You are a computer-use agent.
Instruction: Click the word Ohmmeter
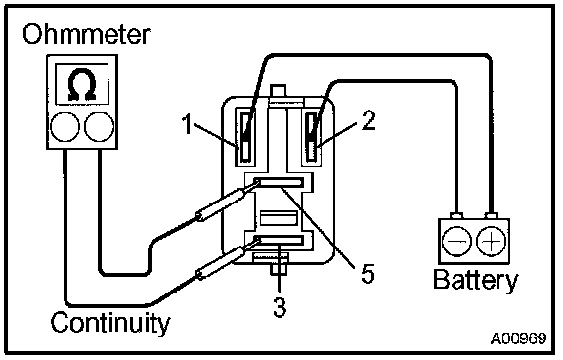coord(86,35)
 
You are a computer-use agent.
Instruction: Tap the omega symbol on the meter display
coord(82,84)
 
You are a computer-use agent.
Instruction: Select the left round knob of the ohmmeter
coord(65,126)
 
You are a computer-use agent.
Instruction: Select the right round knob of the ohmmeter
coord(100,126)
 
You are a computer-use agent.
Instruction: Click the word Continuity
coord(110,324)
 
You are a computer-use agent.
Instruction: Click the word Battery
coord(476,280)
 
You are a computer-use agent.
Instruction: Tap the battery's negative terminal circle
coord(456,241)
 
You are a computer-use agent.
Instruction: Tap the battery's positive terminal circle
coord(491,241)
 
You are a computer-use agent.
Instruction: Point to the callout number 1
coord(187,124)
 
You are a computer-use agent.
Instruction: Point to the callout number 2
coord(368,120)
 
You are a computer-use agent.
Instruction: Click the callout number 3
coord(280,307)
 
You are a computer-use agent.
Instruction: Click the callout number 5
coord(368,273)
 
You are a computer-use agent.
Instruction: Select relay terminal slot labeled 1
coord(246,137)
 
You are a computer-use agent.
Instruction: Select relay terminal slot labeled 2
coord(312,137)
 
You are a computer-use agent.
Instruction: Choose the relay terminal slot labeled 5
coord(279,183)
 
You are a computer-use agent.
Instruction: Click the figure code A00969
coord(518,338)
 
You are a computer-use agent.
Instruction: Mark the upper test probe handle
coord(221,204)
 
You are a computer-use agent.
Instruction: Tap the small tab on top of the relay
coord(278,91)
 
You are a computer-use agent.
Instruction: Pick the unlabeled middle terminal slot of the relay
coord(279,218)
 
